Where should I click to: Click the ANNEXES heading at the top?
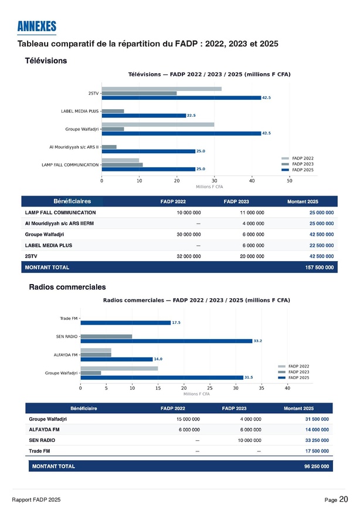pos(36,26)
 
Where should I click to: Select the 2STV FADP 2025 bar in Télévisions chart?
pos(181,98)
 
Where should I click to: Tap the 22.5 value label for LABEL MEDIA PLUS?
pos(191,116)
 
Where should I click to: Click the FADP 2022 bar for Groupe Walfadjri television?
pos(158,124)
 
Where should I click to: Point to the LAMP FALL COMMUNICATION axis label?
pos(70,165)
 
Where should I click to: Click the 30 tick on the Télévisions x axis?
pos(214,180)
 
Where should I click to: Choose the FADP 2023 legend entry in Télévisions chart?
pos(303,164)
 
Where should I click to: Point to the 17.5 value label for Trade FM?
pos(176,323)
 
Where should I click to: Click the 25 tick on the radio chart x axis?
pos(209,389)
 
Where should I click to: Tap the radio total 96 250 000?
pos(315,467)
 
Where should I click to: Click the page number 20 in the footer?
pos(344,499)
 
